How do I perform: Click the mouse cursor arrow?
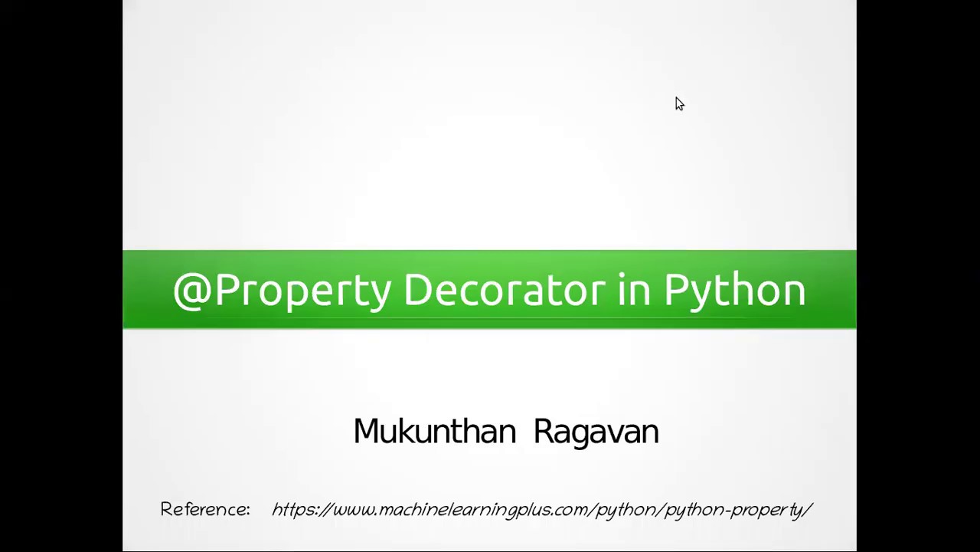(x=679, y=104)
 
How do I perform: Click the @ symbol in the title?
(x=191, y=291)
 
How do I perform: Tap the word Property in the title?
(x=303, y=291)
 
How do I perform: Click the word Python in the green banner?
(x=734, y=291)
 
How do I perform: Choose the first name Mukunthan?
(x=435, y=432)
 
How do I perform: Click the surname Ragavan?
(x=596, y=432)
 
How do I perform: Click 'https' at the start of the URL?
(x=294, y=510)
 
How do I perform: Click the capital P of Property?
(x=227, y=291)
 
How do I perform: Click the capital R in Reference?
(x=166, y=510)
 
